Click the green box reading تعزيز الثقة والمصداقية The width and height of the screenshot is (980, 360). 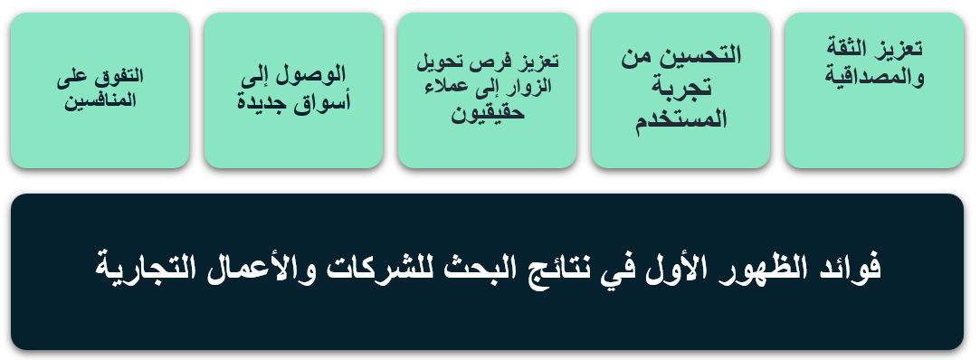coord(874,90)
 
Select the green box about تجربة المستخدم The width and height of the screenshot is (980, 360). coord(680,90)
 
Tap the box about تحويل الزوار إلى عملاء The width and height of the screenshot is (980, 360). coord(487,90)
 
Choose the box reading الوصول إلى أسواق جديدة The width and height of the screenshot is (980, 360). coord(294,90)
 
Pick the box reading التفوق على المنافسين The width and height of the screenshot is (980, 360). coord(100,90)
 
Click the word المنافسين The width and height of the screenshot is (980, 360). coord(100,100)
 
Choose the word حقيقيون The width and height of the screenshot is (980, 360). coord(488,114)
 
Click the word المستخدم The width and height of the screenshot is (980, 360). coord(680,118)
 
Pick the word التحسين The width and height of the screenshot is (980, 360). coord(707,55)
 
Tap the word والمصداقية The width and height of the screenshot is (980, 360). coord(874,78)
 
